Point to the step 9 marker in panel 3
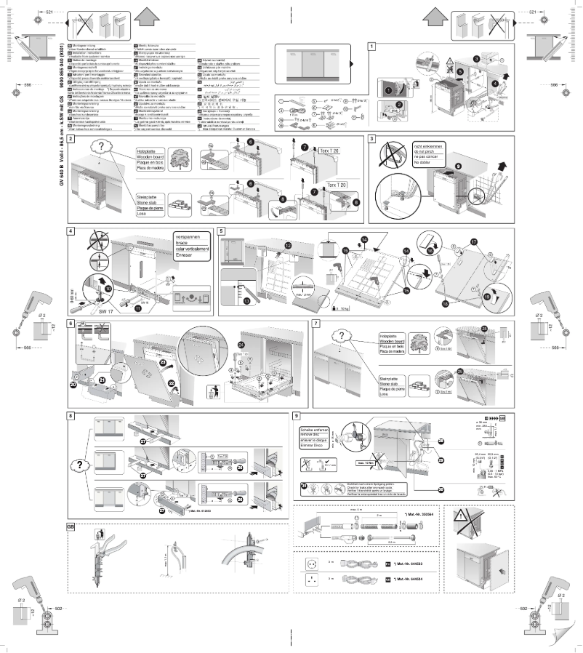(457, 165)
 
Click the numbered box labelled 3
(372, 138)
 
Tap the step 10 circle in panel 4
(108, 288)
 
